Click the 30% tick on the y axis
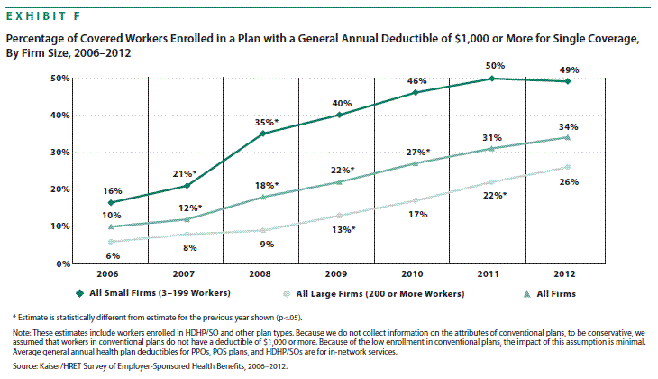click(x=60, y=152)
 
